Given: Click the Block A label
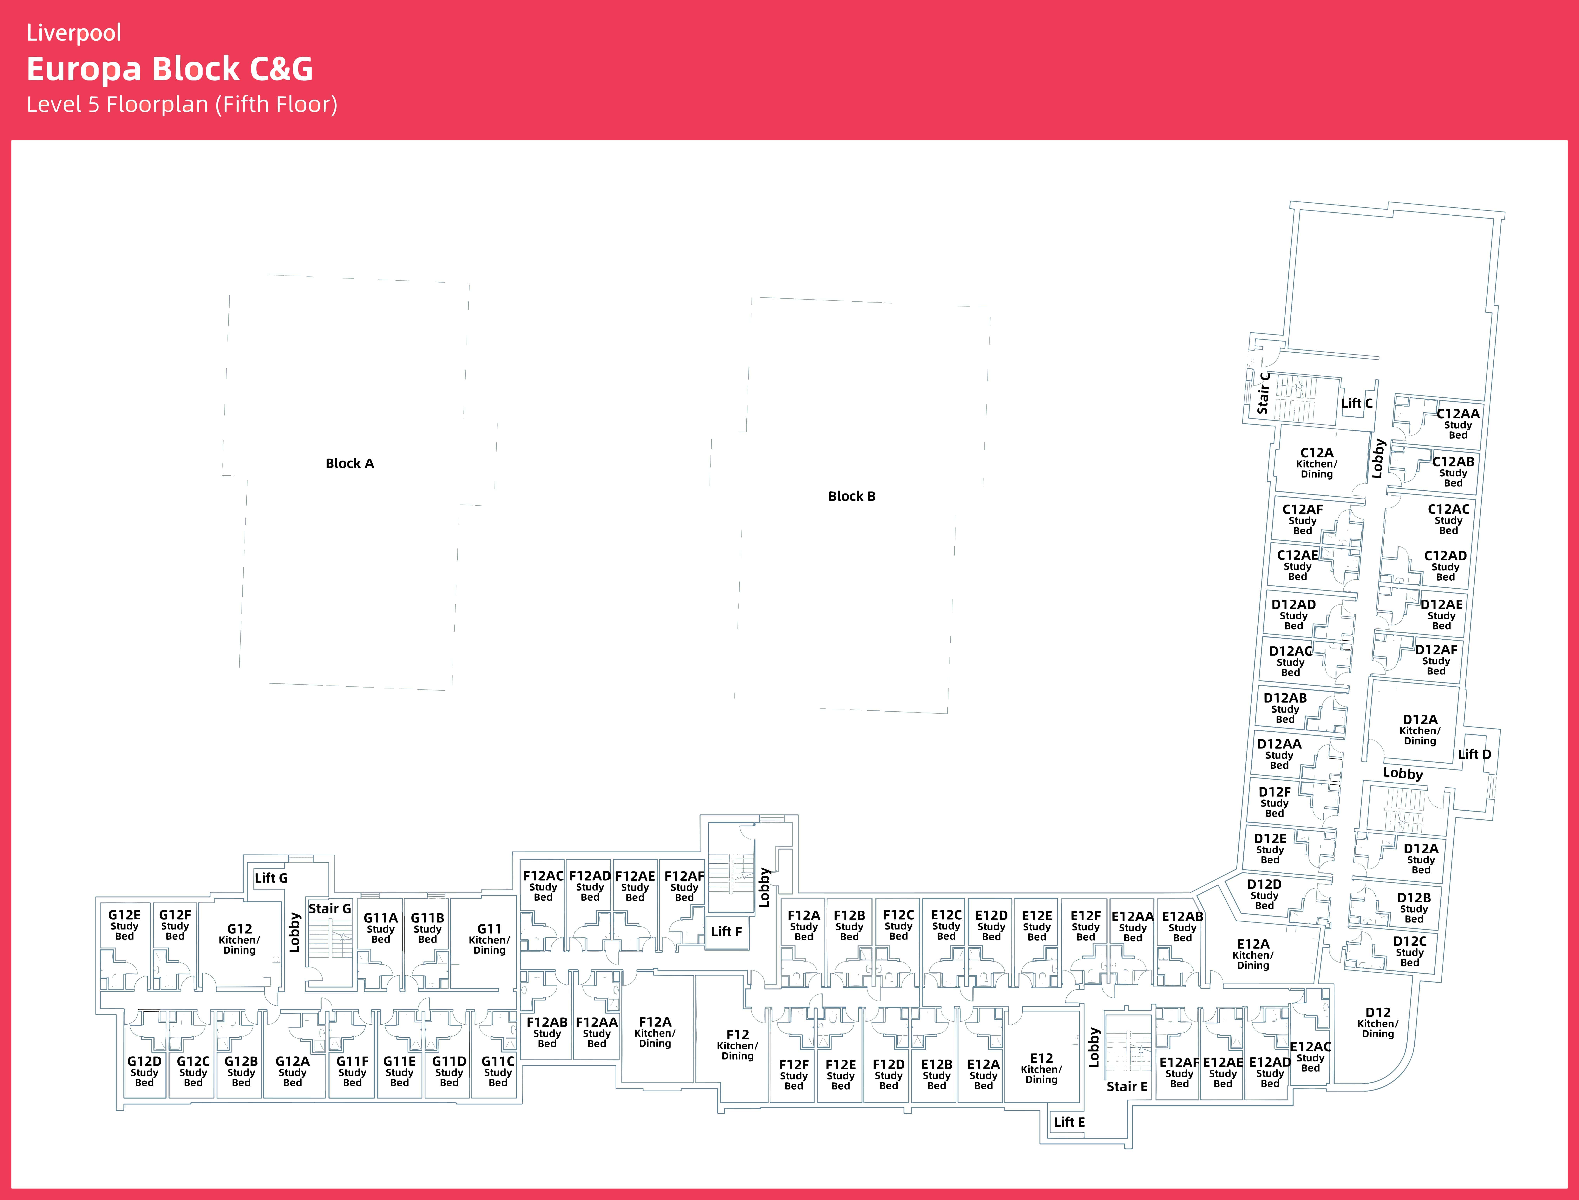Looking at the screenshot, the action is (349, 464).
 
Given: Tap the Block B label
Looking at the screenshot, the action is (852, 496).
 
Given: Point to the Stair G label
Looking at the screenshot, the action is (329, 909).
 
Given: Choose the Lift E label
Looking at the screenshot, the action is (1070, 1122).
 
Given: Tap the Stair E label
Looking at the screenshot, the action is (1127, 1086).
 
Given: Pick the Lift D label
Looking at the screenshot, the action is (1475, 754).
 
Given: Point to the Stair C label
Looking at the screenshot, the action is (1263, 393).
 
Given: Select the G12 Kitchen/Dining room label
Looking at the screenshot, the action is (239, 939).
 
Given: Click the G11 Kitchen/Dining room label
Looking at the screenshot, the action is (489, 939).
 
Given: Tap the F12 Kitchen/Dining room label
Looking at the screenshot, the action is (737, 1045).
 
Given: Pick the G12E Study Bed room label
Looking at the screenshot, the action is (124, 925).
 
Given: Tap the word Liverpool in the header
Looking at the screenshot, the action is (74, 33).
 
